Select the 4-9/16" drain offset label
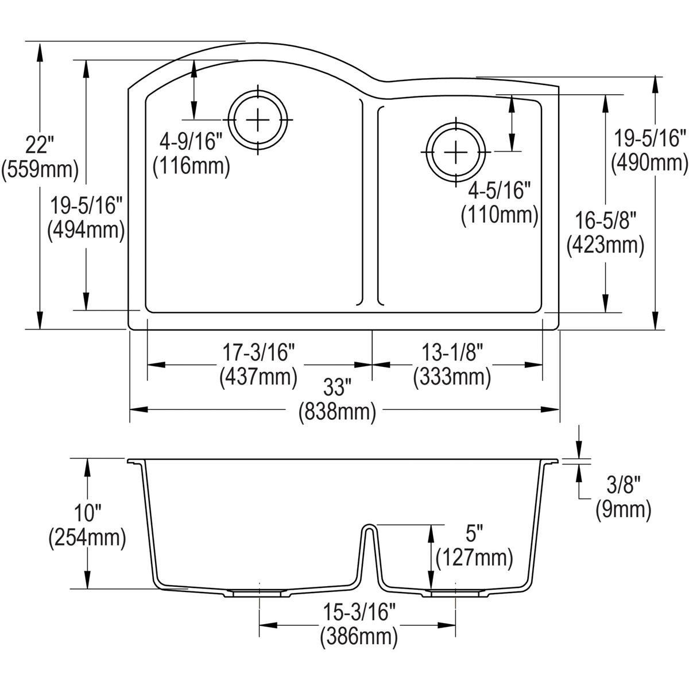coord(191,141)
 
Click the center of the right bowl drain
coord(455,152)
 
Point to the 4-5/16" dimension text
coord(499,190)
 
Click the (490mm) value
coord(649,163)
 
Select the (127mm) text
coord(474,558)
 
